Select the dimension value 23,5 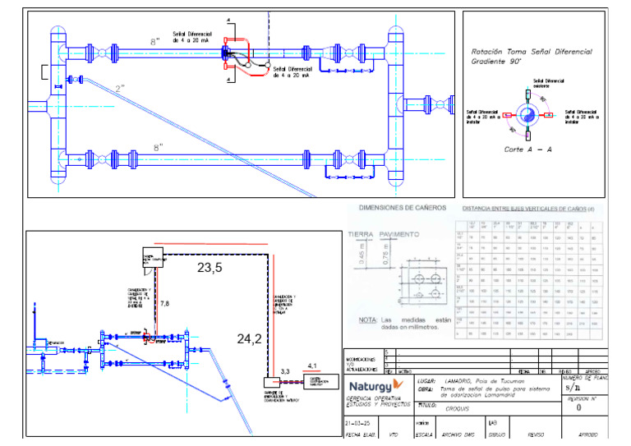(x=210, y=268)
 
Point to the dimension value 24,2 (x=248, y=338)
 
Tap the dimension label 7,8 (x=164, y=305)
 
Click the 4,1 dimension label (x=311, y=366)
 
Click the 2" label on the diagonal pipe (x=120, y=88)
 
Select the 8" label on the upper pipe (x=155, y=40)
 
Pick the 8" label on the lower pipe (x=158, y=148)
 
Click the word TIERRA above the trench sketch (x=362, y=234)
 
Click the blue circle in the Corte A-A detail (x=527, y=114)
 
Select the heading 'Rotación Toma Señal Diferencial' (x=531, y=51)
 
